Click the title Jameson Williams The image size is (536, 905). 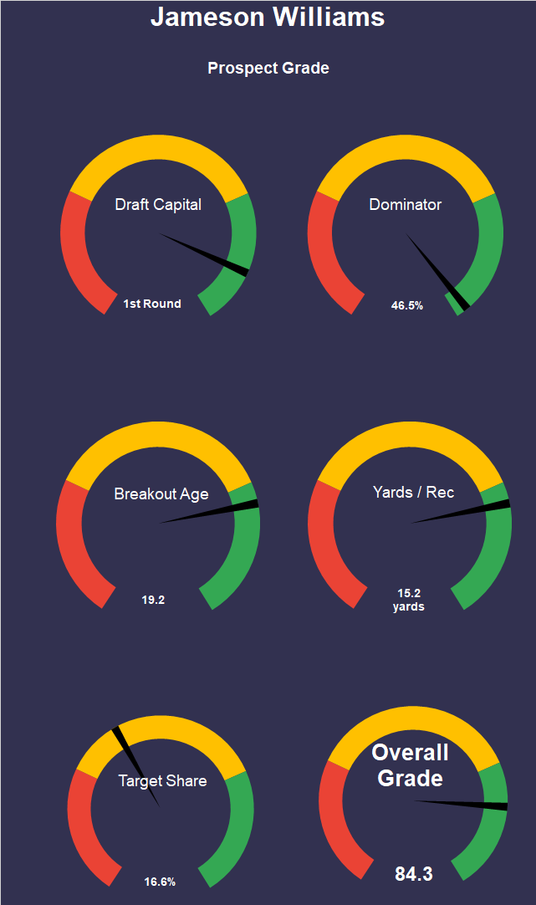tap(268, 17)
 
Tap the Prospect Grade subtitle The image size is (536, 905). tap(268, 68)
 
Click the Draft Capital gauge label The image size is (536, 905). tap(158, 204)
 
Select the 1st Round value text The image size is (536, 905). tap(152, 304)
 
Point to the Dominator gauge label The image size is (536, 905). tap(406, 204)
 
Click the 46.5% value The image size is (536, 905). tap(407, 305)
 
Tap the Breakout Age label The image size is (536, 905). tap(161, 493)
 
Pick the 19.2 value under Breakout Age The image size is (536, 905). tap(153, 600)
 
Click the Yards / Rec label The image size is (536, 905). tap(413, 492)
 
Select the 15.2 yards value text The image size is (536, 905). tap(409, 600)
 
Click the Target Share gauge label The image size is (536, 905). tap(162, 780)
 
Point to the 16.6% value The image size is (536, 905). tap(160, 882)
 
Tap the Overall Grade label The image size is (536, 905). tap(410, 765)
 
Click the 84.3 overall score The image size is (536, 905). tap(414, 874)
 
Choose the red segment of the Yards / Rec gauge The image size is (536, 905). tap(327, 552)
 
